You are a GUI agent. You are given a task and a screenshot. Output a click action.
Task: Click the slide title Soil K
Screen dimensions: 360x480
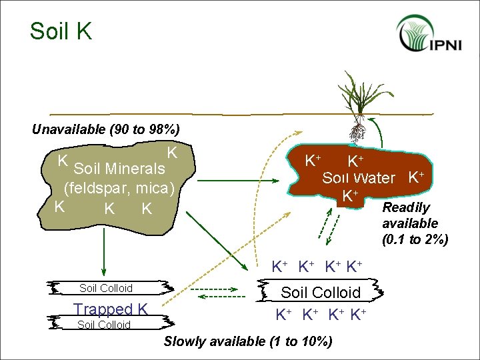[x=61, y=31]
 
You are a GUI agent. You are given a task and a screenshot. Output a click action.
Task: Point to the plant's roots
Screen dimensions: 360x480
[x=357, y=131]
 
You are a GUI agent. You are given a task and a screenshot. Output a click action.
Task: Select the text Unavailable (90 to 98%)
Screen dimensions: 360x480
[x=105, y=129]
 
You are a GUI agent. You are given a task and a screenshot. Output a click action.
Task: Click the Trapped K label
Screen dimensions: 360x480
[x=110, y=309]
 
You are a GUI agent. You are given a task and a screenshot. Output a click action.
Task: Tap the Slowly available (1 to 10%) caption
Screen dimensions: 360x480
[x=248, y=342]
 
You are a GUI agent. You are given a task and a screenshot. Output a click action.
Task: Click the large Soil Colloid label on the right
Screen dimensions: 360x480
[x=320, y=293]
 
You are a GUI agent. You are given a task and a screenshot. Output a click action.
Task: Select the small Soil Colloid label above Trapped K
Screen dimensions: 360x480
[x=105, y=289]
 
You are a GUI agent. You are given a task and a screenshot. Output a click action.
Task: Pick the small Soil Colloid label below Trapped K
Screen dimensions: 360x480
[x=104, y=325]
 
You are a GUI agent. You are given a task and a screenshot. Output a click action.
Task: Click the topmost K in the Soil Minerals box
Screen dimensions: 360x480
[x=172, y=153]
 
